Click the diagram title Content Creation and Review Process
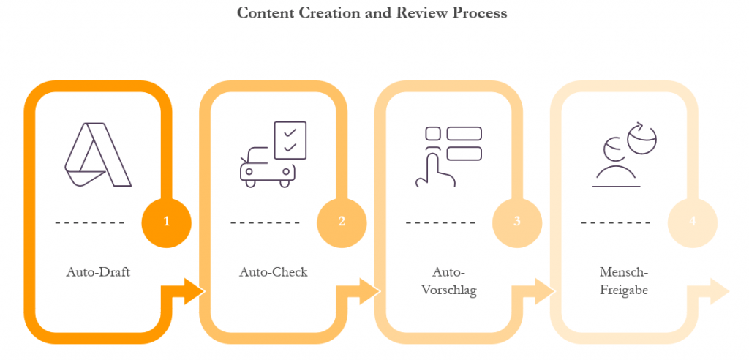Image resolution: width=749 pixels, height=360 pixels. [x=372, y=13]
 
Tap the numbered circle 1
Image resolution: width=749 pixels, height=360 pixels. [x=166, y=221]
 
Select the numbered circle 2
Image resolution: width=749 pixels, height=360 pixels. [x=342, y=221]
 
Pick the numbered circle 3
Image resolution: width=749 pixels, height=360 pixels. [x=517, y=221]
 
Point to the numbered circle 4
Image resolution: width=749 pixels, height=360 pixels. [x=692, y=221]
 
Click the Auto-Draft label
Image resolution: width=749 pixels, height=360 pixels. [x=98, y=272]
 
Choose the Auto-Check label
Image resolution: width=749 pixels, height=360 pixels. [x=274, y=272]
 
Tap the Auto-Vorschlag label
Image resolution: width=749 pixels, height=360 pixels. [x=449, y=281]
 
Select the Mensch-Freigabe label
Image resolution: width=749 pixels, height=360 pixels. [x=624, y=281]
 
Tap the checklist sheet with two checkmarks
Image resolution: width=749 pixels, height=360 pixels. [x=289, y=140]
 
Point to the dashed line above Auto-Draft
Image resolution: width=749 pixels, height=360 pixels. [x=89, y=222]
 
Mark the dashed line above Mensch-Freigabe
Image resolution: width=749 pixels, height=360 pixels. [x=616, y=222]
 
